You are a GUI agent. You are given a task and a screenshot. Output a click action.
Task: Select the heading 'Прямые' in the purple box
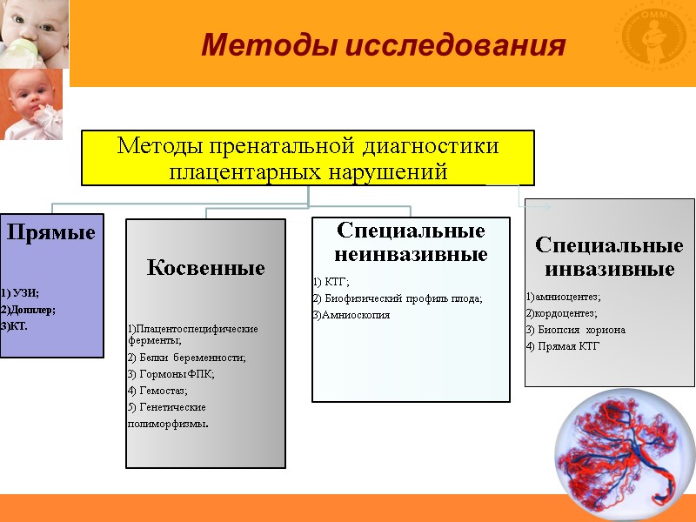[x=51, y=233]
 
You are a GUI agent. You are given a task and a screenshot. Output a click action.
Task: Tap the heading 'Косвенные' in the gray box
[x=206, y=268]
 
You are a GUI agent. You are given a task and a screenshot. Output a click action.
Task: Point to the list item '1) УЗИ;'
[x=20, y=293]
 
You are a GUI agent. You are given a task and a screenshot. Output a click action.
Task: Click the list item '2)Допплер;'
[x=28, y=310]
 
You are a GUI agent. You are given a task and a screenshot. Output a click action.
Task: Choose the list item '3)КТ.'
[x=15, y=326]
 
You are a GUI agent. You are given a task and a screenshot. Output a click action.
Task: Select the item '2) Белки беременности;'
[x=186, y=358]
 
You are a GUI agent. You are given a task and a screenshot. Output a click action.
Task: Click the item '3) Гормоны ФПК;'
[x=171, y=374]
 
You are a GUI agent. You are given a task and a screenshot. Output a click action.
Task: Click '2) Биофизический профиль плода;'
[x=397, y=298]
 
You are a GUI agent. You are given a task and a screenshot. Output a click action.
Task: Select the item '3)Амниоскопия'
[x=351, y=315]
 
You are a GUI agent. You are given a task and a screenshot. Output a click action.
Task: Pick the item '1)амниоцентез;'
[x=563, y=297]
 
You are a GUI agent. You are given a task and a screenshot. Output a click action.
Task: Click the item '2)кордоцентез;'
[x=561, y=313]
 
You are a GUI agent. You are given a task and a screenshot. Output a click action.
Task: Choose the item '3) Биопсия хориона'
[x=575, y=330]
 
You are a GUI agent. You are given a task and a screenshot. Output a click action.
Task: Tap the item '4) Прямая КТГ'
[x=562, y=346]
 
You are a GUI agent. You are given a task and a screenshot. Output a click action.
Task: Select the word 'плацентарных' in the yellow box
[x=238, y=171]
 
